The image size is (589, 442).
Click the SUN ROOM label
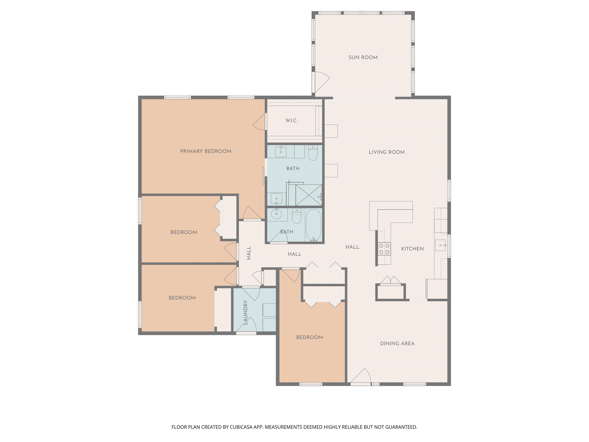(363, 57)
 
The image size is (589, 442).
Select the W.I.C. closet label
(291, 120)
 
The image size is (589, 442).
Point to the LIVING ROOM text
(387, 152)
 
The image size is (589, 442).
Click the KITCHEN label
(412, 249)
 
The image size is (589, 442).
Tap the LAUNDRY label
(245, 313)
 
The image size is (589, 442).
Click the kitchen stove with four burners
(384, 249)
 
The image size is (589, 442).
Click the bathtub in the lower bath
(314, 225)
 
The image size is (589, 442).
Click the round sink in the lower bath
(277, 214)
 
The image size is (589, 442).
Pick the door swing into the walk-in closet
(259, 122)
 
